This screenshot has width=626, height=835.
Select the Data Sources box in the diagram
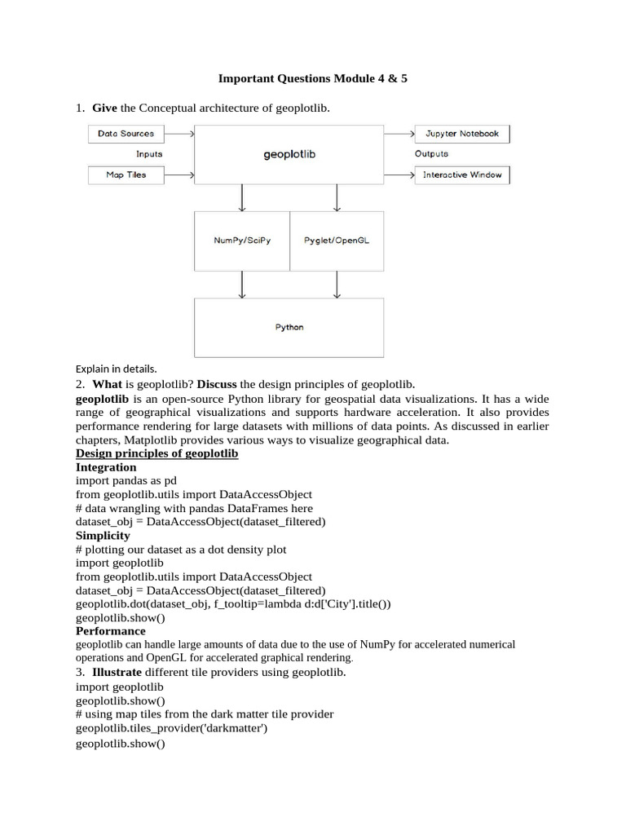click(126, 134)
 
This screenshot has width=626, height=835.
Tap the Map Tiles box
click(126, 175)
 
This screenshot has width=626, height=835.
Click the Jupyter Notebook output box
click(462, 134)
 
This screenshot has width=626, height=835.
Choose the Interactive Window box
click(462, 175)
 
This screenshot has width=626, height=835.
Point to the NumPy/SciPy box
click(242, 241)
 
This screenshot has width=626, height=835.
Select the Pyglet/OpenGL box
click(337, 241)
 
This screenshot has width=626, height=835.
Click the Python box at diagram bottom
click(289, 327)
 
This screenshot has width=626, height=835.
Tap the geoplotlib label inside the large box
click(289, 154)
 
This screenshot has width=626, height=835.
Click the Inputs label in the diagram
click(149, 153)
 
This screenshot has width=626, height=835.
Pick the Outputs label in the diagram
click(431, 153)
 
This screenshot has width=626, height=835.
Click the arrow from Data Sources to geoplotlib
click(179, 134)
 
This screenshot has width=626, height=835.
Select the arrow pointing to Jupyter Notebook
click(399, 134)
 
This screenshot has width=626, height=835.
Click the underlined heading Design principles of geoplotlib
click(156, 453)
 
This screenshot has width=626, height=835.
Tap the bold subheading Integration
click(106, 467)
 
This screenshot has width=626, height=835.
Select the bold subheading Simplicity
click(103, 535)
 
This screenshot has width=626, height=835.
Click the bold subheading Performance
click(111, 630)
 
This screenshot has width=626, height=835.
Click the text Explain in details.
click(116, 369)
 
